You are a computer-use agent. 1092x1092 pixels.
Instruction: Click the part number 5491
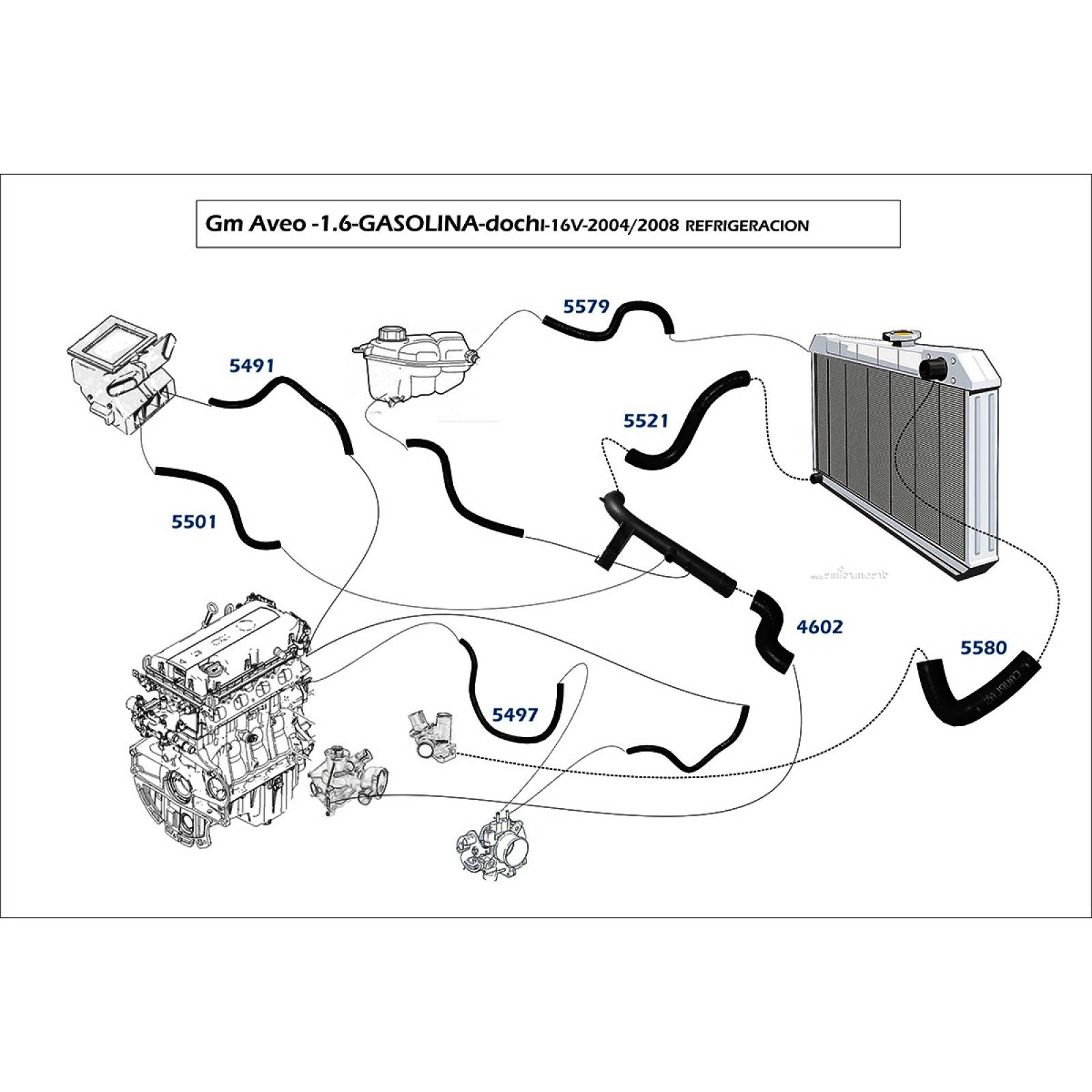(x=251, y=367)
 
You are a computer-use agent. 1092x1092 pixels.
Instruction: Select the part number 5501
(x=194, y=522)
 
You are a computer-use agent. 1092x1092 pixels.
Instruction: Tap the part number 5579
(x=586, y=306)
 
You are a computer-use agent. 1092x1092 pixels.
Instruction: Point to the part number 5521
(x=646, y=421)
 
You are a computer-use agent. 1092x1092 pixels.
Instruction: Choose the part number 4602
(x=820, y=627)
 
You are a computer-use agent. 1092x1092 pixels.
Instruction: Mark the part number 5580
(x=983, y=648)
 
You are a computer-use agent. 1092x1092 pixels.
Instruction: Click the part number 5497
(x=515, y=715)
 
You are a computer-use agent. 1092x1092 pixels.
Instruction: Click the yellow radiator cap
(x=902, y=335)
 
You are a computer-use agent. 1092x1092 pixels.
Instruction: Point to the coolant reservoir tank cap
(x=392, y=335)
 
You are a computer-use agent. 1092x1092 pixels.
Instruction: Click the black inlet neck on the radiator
(x=933, y=369)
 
